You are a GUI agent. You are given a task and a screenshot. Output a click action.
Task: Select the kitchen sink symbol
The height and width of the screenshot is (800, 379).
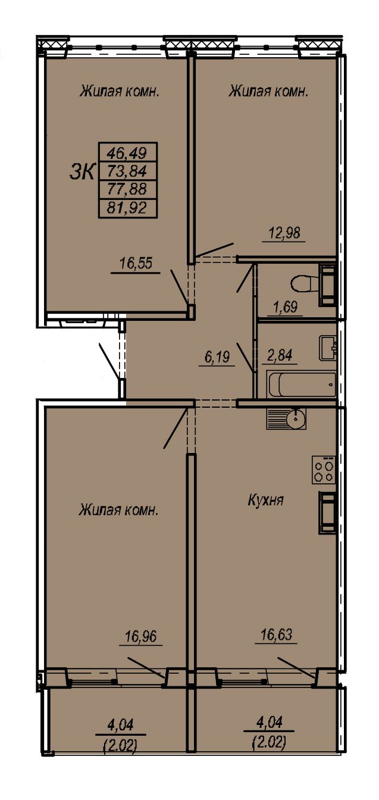click(286, 418)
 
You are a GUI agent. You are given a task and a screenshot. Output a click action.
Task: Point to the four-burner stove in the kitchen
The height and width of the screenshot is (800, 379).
click(324, 470)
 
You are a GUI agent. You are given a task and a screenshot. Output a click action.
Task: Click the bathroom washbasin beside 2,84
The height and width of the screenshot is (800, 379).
click(328, 348)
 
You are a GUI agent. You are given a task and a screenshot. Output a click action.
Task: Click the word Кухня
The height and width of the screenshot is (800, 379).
click(266, 501)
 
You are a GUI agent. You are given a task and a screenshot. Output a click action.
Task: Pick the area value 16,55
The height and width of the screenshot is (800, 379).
click(136, 263)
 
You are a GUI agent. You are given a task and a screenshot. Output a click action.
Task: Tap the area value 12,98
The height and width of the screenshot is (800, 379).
click(284, 233)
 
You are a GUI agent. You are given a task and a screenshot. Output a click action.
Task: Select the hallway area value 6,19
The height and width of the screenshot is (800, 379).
click(217, 357)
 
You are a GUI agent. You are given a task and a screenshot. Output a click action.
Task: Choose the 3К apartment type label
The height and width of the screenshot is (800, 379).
click(83, 172)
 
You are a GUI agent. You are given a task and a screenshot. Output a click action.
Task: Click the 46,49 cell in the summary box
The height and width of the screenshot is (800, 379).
click(128, 153)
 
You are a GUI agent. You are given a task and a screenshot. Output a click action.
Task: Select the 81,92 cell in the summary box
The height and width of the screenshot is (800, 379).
click(128, 208)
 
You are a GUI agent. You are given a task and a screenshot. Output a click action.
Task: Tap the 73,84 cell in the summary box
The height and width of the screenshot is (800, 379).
click(128, 171)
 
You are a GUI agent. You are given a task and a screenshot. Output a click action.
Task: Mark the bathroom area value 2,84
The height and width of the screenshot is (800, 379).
click(280, 355)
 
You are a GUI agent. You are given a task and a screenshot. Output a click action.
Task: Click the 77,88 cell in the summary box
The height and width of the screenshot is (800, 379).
click(128, 189)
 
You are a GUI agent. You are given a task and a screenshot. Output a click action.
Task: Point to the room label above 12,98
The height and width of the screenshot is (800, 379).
click(268, 92)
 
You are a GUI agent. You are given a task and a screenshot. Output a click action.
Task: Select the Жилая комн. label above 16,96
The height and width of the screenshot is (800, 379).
click(118, 510)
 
